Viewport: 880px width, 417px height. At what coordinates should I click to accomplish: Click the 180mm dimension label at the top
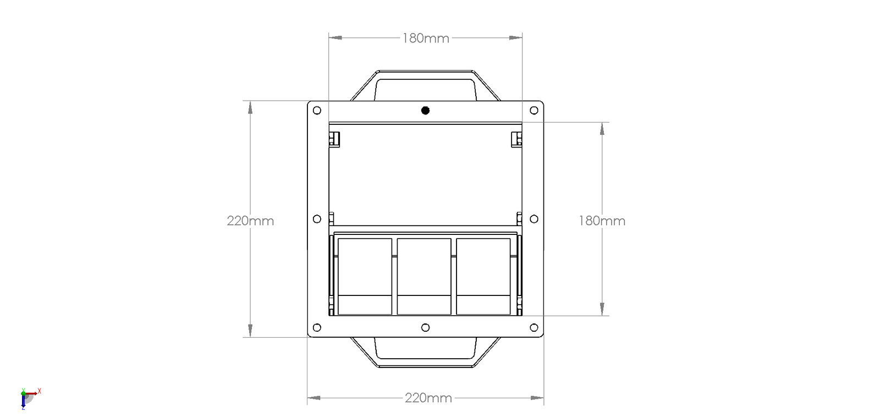tap(426, 38)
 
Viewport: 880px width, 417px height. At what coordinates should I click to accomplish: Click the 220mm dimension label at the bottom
tap(428, 398)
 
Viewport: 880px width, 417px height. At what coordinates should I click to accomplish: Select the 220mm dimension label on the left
tap(250, 221)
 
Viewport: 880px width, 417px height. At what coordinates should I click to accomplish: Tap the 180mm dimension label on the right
tap(602, 221)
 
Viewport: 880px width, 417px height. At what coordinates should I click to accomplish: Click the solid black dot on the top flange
tap(425, 111)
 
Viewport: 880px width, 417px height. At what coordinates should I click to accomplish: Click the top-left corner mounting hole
tap(317, 111)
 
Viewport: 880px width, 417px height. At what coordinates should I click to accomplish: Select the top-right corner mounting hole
tap(533, 111)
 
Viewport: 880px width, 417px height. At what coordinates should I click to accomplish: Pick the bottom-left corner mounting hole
tap(317, 328)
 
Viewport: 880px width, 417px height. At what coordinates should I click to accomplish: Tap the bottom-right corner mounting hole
tap(533, 328)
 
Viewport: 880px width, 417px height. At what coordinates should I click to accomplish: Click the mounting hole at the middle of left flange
tap(317, 219)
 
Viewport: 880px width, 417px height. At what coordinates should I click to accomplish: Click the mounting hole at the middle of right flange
tap(533, 219)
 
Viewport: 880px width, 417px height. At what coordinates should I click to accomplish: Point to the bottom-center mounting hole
tap(425, 328)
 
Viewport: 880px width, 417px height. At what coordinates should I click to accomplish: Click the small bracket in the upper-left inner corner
tap(334, 139)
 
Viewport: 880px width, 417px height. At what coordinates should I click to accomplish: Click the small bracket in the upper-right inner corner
tap(516, 139)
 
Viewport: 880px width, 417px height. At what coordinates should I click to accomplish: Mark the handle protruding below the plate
tap(425, 353)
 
